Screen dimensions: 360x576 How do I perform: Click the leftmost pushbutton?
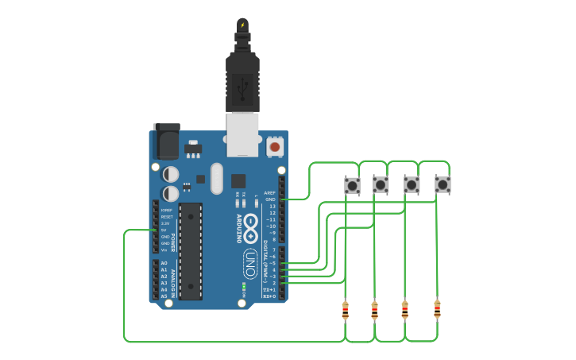pyautogui.click(x=352, y=185)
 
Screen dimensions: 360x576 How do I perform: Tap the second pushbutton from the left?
pyautogui.click(x=381, y=185)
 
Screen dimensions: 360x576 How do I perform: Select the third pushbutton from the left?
pyautogui.click(x=412, y=185)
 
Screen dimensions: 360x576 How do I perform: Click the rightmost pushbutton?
pyautogui.click(x=443, y=185)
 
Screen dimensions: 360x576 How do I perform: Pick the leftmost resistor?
pyautogui.click(x=345, y=310)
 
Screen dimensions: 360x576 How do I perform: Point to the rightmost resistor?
pyautogui.click(x=437, y=308)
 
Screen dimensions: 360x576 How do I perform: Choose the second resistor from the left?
pyautogui.click(x=374, y=310)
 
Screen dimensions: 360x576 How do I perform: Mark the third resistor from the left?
pyautogui.click(x=404, y=309)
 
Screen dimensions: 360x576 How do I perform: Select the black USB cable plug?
pyautogui.click(x=242, y=79)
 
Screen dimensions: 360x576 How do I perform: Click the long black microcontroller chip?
pyautogui.click(x=191, y=251)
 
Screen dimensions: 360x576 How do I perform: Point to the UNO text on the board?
pyautogui.click(x=249, y=265)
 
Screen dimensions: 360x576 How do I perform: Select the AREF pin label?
pyautogui.click(x=270, y=193)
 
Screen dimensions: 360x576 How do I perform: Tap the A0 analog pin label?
pyautogui.click(x=164, y=263)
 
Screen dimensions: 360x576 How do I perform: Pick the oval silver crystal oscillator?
pyautogui.click(x=217, y=178)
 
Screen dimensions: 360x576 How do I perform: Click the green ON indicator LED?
pyautogui.click(x=244, y=285)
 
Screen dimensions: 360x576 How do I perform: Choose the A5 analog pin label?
pyautogui.click(x=164, y=296)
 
